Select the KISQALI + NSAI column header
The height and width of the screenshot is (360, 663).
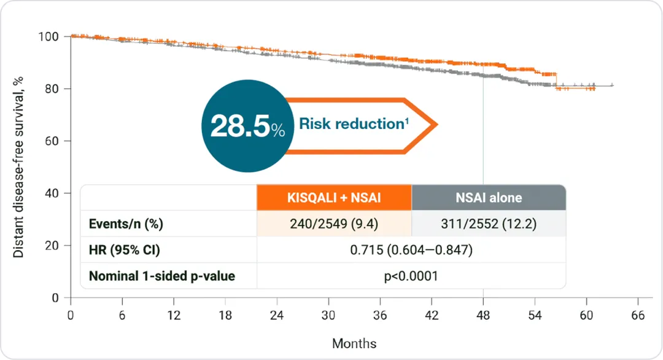[334, 198]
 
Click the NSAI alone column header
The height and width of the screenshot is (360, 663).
[489, 198]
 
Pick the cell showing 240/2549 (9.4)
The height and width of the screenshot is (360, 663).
[334, 224]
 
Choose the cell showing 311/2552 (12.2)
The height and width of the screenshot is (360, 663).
[489, 224]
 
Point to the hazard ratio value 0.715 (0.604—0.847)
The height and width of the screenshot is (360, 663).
[411, 250]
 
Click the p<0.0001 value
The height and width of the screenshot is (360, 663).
[411, 276]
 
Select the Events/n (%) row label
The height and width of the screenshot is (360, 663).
[126, 224]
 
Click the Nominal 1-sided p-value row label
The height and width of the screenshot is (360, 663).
[162, 276]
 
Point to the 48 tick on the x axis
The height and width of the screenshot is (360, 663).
[483, 315]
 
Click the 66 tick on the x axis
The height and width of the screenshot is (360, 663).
[638, 315]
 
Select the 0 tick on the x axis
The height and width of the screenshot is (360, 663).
[71, 315]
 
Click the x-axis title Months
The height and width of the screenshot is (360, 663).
[354, 343]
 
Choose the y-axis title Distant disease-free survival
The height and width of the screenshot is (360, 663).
[19, 166]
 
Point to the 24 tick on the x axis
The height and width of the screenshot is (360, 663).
[277, 315]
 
